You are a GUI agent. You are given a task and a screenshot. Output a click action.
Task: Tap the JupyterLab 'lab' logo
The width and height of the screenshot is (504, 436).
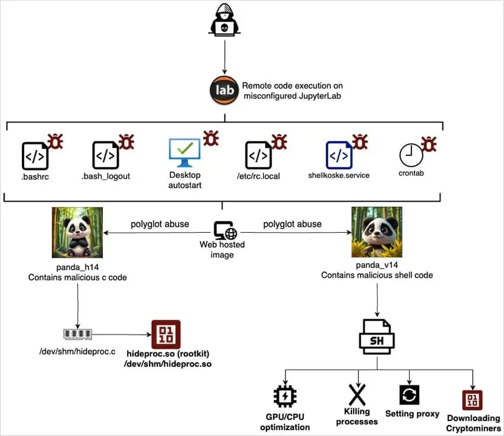[x=224, y=90]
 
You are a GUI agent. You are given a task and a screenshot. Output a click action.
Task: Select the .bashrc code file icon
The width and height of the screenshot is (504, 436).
[x=35, y=155]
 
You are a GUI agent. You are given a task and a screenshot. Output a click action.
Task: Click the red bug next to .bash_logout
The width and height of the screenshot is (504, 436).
[x=127, y=141]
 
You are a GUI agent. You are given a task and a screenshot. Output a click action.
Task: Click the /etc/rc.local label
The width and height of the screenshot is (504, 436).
[x=258, y=176]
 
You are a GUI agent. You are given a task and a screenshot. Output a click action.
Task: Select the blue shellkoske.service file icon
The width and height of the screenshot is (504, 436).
[x=339, y=155]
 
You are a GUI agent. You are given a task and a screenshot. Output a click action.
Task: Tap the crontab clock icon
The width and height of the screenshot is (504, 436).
[x=411, y=155]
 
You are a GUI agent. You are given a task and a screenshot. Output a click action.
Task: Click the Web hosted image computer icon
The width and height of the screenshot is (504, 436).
[x=224, y=230]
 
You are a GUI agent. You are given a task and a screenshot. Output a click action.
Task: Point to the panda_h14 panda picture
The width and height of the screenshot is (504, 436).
[x=77, y=232]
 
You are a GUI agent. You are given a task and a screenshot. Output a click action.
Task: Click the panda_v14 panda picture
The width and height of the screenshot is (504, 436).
[x=377, y=232]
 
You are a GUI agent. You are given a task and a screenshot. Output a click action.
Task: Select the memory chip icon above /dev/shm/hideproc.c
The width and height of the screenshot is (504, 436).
[x=77, y=334]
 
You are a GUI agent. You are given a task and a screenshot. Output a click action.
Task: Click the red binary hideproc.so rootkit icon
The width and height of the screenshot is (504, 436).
[x=165, y=334]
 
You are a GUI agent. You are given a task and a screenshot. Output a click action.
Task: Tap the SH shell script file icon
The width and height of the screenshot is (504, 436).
[x=377, y=337]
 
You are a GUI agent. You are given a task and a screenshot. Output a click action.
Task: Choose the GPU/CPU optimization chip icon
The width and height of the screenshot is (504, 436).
[x=284, y=397]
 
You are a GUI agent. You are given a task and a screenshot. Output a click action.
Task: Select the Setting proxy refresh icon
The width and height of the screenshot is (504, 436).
[x=409, y=395]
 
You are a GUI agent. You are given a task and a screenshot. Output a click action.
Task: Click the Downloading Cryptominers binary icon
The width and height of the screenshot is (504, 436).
[x=472, y=400]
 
